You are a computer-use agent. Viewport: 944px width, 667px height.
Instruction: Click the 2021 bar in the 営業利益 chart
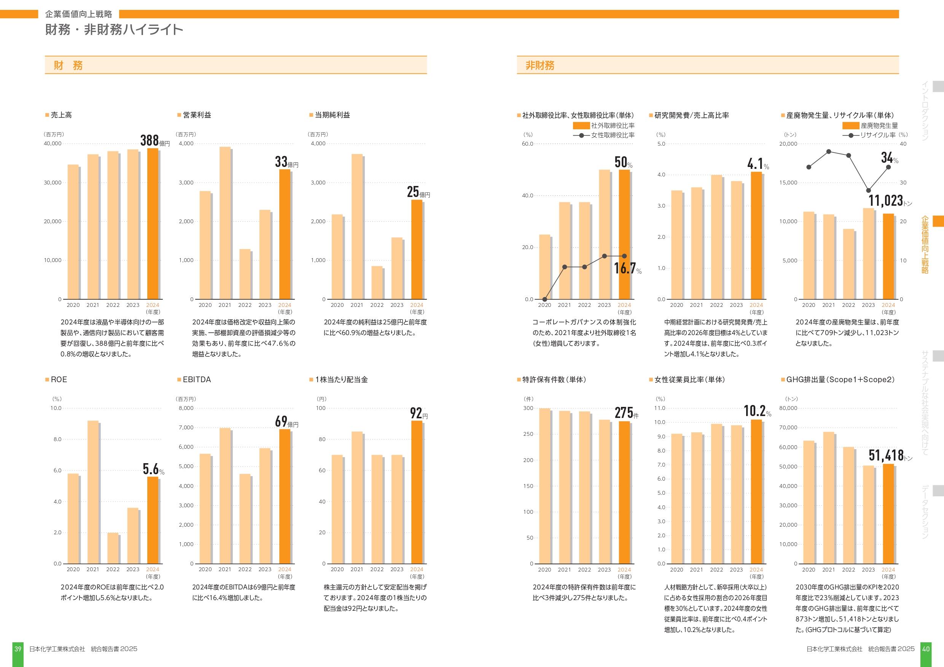(225, 223)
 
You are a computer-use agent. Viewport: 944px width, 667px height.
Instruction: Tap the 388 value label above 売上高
(150, 141)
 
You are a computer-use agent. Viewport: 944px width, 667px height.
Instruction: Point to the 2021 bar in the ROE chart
(93, 492)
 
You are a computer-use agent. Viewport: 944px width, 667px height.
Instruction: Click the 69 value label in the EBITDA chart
(281, 421)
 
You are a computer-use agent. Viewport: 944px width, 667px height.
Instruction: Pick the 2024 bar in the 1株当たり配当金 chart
(417, 492)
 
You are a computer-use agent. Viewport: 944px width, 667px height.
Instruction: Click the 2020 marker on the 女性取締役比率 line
(544, 299)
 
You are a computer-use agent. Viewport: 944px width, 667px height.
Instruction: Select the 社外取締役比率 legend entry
(603, 126)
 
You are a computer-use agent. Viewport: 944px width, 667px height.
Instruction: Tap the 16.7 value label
(625, 268)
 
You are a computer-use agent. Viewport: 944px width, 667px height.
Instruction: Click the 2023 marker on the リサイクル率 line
(868, 190)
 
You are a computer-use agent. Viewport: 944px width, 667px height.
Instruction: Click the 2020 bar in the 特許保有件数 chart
(544, 486)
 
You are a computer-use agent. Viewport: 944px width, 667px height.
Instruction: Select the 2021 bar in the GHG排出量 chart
(828, 498)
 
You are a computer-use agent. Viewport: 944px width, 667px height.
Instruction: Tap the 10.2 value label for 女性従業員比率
(755, 411)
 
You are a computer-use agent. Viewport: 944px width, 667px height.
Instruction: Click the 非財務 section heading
(540, 65)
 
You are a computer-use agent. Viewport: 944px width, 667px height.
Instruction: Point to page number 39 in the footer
(18, 649)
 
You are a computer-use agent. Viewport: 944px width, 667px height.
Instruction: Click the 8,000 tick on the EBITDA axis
(186, 408)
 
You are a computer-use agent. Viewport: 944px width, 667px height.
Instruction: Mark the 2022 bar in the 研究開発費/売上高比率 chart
(716, 237)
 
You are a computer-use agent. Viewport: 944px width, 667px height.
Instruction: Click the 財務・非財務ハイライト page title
(114, 30)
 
